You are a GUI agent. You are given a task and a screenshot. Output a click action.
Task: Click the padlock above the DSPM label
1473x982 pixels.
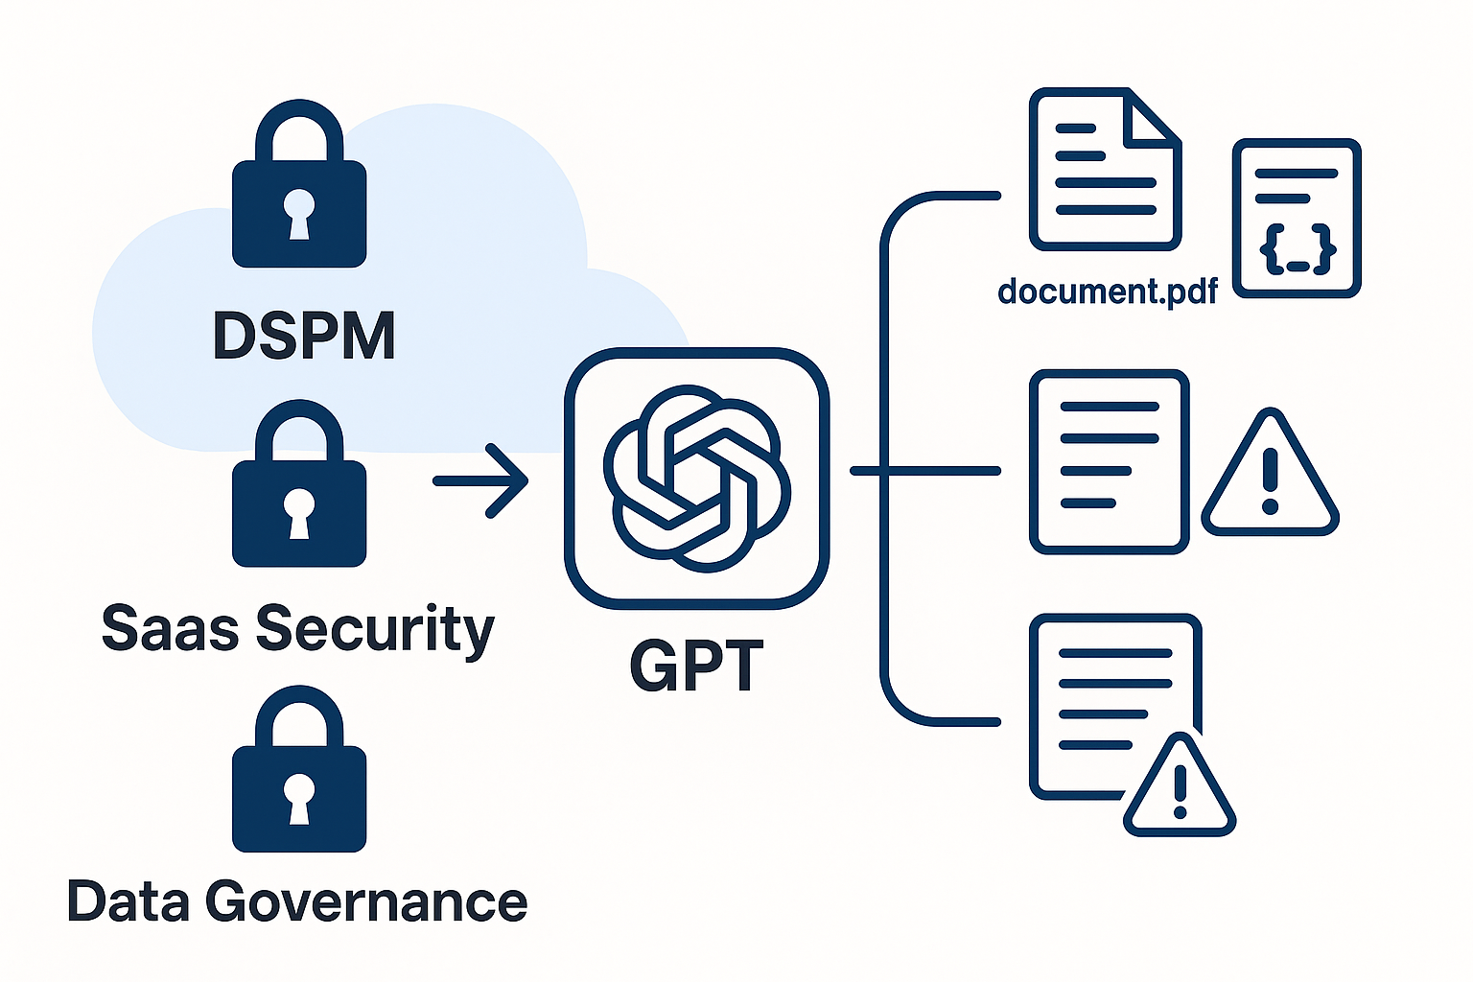click(299, 187)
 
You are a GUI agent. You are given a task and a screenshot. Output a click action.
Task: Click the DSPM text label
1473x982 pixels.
click(303, 336)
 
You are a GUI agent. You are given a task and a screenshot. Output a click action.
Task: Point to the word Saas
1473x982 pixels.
click(170, 628)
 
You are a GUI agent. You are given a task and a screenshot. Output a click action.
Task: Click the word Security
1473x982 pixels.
click(375, 630)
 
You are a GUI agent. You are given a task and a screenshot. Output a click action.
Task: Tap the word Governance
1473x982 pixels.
click(365, 902)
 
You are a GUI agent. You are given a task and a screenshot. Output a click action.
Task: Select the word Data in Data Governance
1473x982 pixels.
click(128, 902)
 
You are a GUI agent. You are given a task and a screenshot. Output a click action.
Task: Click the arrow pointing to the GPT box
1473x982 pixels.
click(481, 480)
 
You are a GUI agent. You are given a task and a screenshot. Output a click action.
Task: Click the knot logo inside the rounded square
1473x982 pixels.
click(697, 478)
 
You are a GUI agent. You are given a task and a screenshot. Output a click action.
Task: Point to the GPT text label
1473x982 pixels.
click(696, 666)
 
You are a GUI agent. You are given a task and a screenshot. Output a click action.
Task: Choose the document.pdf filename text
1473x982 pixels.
click(1108, 291)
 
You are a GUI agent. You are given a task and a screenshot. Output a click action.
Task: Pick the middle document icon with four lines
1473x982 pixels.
click(1109, 461)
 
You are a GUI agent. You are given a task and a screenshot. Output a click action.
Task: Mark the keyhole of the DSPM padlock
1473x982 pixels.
click(299, 213)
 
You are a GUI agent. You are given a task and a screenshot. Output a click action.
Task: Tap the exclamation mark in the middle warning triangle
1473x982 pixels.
click(1271, 480)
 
